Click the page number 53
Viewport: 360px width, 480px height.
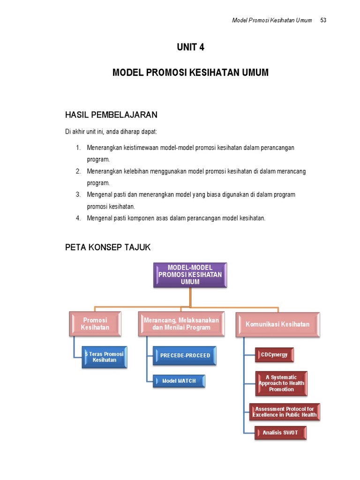[x=323, y=21]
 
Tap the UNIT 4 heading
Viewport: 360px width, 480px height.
[x=190, y=47]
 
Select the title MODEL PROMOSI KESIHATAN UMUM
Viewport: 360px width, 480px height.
[x=190, y=73]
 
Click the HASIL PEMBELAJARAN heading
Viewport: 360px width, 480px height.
[x=111, y=115]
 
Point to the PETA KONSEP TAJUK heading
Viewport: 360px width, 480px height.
[x=108, y=247]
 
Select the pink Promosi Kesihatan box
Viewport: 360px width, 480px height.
[x=95, y=324]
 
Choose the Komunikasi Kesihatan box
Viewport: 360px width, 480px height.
[x=277, y=324]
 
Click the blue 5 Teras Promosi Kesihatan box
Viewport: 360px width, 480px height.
[x=105, y=357]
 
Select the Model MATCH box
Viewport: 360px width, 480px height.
[x=179, y=381]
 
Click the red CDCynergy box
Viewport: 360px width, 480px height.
[x=275, y=355]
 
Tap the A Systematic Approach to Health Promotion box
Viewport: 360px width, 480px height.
[x=281, y=383]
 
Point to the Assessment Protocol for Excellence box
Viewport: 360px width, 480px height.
[x=285, y=412]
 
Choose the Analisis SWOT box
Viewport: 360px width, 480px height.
[x=281, y=433]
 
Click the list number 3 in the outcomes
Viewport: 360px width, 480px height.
[x=78, y=195]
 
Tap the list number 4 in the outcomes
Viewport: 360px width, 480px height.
[x=78, y=218]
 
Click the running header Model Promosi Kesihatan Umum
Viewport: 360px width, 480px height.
[x=272, y=21]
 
